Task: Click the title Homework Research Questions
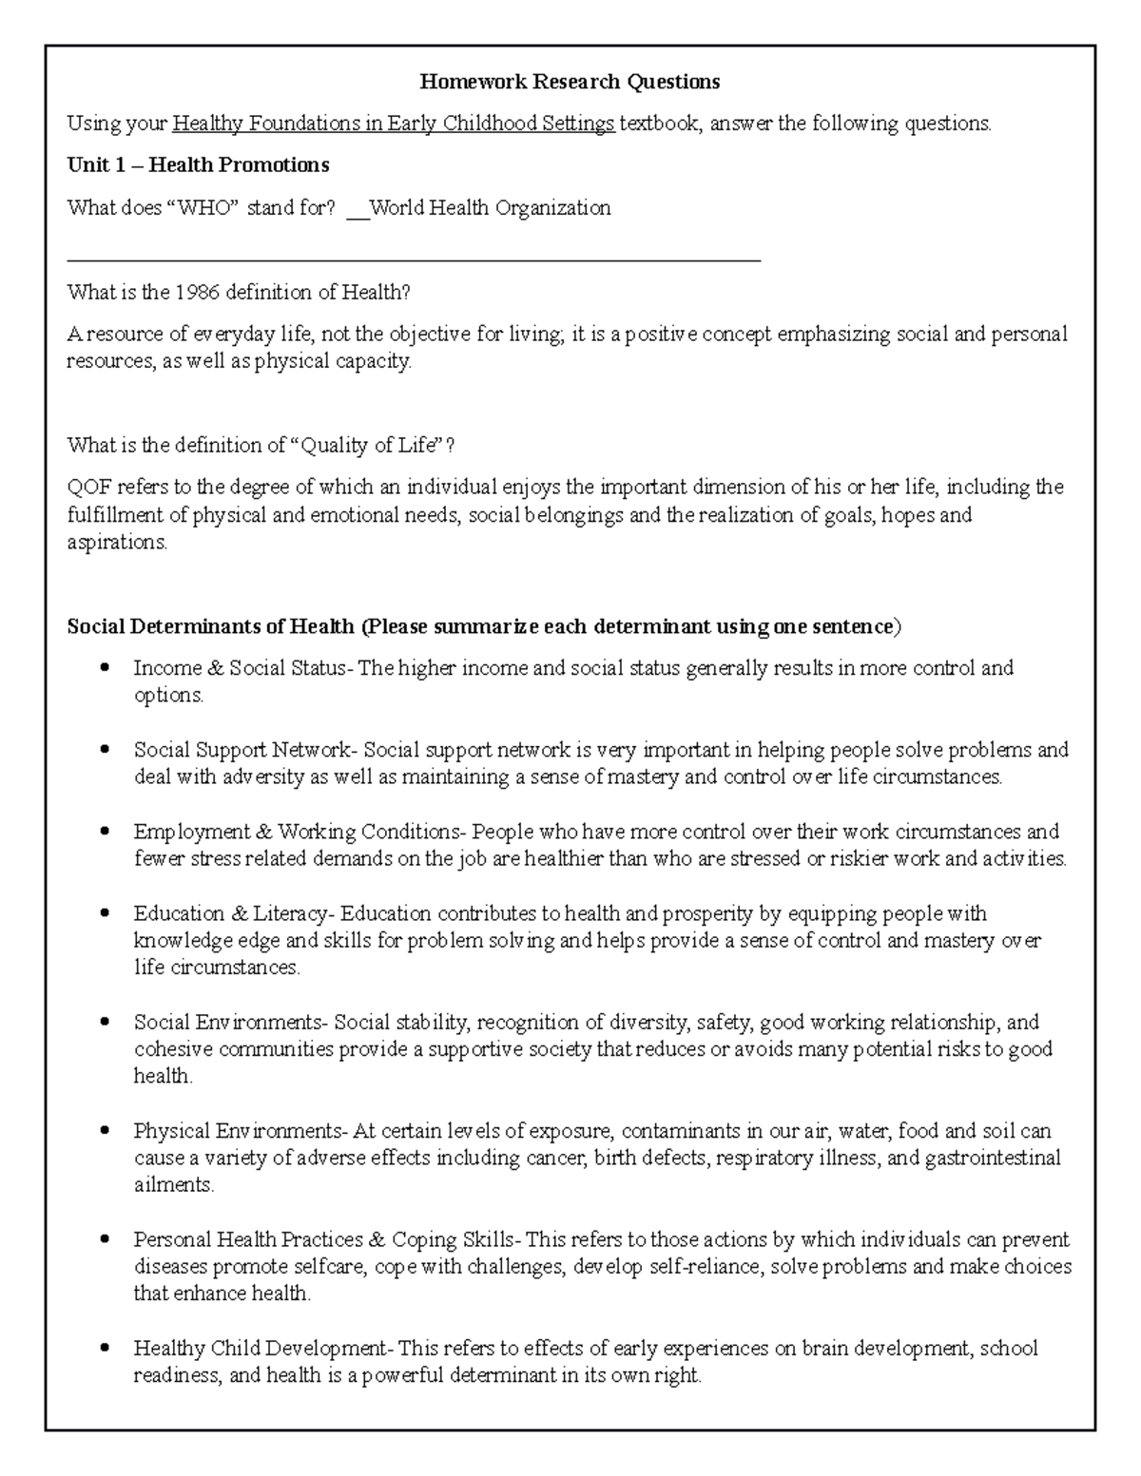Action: pyautogui.click(x=570, y=82)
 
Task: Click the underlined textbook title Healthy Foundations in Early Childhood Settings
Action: pyautogui.click(x=394, y=124)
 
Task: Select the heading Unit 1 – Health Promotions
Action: pyautogui.click(x=198, y=165)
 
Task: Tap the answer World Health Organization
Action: pyautogui.click(x=490, y=207)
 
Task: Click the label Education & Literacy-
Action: pyautogui.click(x=234, y=913)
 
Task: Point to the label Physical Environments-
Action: pyautogui.click(x=242, y=1131)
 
